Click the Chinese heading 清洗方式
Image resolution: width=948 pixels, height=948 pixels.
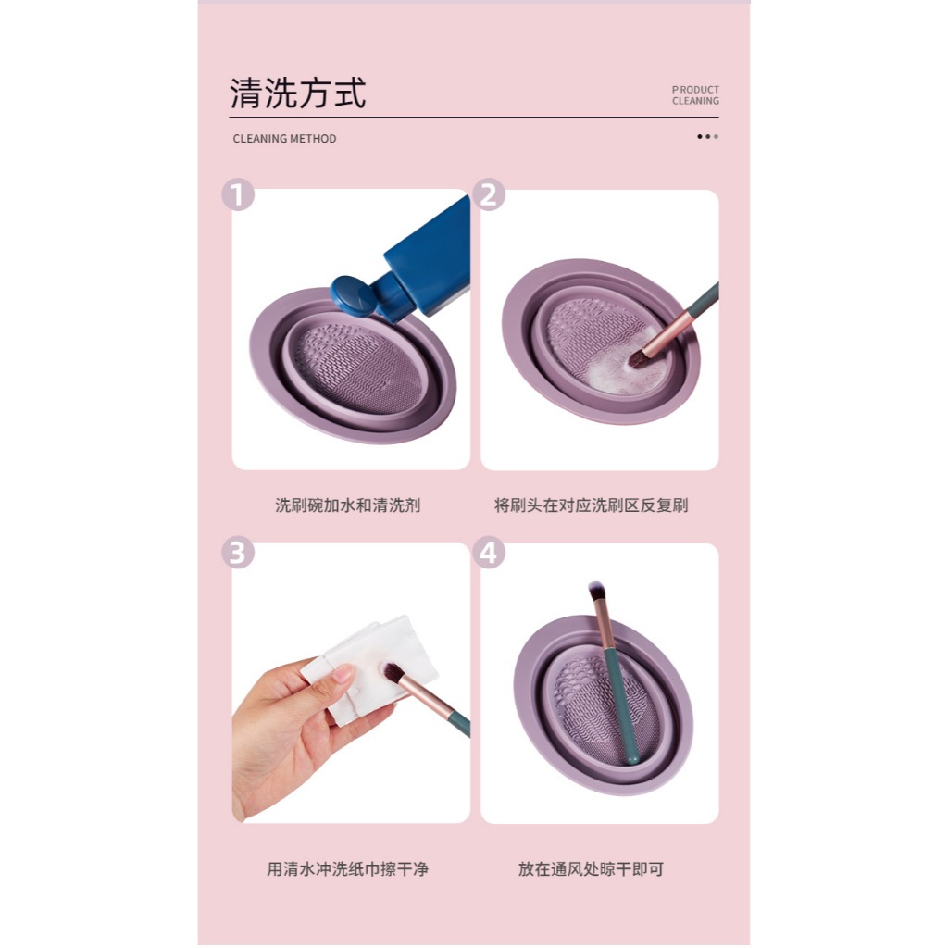297,94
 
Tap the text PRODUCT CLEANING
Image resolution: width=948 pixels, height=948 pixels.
695,95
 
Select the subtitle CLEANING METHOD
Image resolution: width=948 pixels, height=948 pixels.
284,139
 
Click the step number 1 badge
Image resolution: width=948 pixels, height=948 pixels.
238,194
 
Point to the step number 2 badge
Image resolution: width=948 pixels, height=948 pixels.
489,194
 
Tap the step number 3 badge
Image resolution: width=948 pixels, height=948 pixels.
238,552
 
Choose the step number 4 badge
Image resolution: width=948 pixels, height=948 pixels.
489,552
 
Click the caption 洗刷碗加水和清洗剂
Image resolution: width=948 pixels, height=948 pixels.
348,505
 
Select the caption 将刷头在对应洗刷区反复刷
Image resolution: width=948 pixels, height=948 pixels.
591,505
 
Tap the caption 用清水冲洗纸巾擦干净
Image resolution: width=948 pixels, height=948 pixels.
348,868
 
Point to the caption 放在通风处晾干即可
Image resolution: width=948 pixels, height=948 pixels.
591,868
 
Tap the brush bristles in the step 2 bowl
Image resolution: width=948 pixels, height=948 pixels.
637,359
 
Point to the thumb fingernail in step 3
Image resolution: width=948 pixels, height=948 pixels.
343,673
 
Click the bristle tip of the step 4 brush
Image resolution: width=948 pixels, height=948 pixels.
595,588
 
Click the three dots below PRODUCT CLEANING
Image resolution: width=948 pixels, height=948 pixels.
707,137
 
